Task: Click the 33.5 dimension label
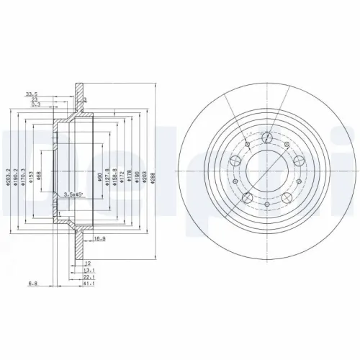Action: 32,94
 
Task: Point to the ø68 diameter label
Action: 40,176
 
